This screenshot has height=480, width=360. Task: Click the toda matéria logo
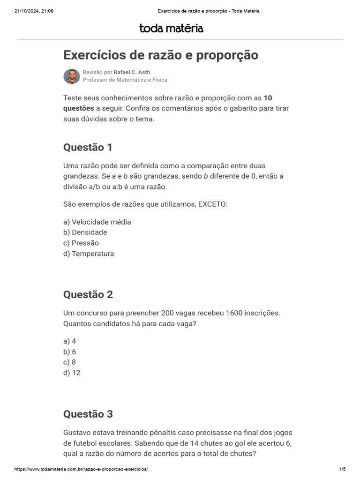coord(171,29)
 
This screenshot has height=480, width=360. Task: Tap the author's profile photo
coord(71,76)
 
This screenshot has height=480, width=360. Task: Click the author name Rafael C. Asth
coord(132,73)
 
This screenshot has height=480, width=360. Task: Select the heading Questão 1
coord(88,147)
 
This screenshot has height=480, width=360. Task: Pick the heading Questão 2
coord(88,294)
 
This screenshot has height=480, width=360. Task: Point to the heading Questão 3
coord(88,414)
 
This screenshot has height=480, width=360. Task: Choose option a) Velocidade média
coord(97,222)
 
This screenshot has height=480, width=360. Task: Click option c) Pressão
coord(81,243)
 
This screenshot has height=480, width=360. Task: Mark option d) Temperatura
coord(88,254)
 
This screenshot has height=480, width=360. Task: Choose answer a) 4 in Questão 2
coord(69,341)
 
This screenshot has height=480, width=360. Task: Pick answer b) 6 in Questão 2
coord(69,352)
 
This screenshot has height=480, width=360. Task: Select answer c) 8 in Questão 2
coord(69,362)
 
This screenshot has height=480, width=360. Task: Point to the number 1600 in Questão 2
coord(234,313)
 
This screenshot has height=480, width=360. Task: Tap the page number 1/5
coord(342,469)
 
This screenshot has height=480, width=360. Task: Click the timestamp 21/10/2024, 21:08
coord(34,11)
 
